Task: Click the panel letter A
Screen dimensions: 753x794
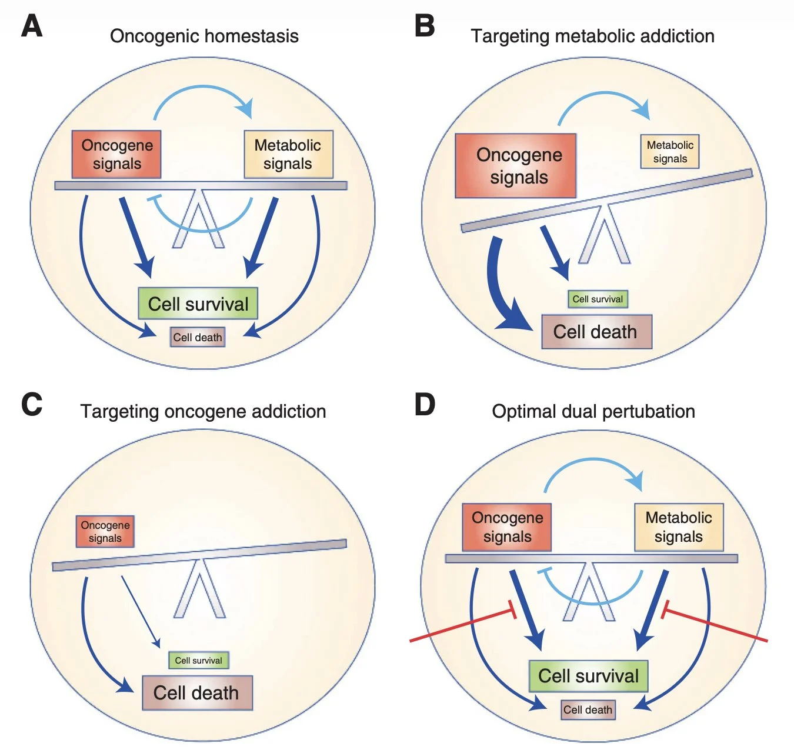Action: click(32, 26)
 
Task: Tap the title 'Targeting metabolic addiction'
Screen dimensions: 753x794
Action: click(592, 36)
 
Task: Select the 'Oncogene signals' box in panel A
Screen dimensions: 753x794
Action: click(116, 154)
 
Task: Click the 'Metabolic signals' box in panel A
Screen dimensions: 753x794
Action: click(288, 154)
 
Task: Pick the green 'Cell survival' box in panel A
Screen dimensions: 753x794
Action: click(198, 304)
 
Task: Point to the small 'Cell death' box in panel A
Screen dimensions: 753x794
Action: click(198, 337)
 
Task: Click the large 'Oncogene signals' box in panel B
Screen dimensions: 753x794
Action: click(515, 165)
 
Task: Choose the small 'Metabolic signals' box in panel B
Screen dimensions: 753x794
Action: click(670, 152)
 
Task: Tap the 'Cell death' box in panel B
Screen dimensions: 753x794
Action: click(596, 332)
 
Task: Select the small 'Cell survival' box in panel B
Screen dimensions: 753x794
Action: click(598, 299)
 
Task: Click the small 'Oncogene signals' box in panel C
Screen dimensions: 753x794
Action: click(105, 531)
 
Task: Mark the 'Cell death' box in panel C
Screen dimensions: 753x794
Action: click(197, 692)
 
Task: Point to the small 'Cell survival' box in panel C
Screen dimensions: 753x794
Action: click(198, 660)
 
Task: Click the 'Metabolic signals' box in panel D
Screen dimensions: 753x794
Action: click(679, 527)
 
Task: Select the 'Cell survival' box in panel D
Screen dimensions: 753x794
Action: click(588, 676)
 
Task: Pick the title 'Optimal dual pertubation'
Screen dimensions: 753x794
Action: click(593, 411)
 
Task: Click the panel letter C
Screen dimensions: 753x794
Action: click(32, 405)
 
